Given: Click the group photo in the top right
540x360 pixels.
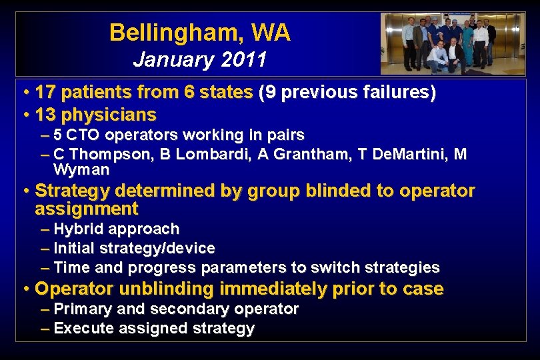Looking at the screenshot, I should coord(447,43).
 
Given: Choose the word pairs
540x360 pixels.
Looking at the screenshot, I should coord(285,135).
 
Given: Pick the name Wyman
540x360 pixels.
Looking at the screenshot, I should coord(81,170).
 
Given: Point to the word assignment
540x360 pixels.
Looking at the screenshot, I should coord(86,209).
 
